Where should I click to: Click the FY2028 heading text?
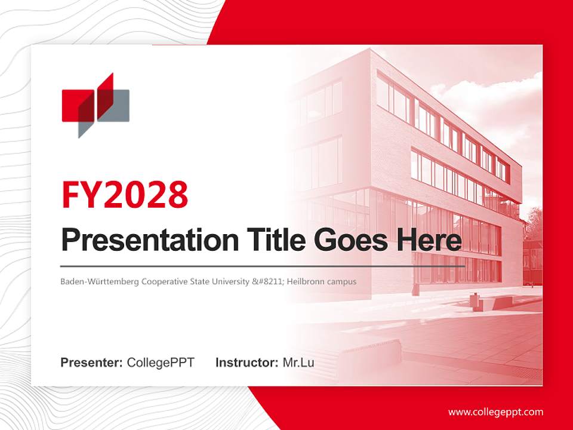tap(125, 195)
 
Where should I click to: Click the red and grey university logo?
tap(95, 105)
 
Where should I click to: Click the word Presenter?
tap(92, 363)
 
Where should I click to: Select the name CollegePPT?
tap(161, 363)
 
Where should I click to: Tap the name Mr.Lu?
tap(298, 363)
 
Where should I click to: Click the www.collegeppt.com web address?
tap(495, 412)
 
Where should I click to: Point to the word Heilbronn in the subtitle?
tap(305, 281)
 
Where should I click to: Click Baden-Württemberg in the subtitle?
tap(99, 281)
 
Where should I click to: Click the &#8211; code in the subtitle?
tap(268, 281)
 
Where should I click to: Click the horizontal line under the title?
tap(263, 266)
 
